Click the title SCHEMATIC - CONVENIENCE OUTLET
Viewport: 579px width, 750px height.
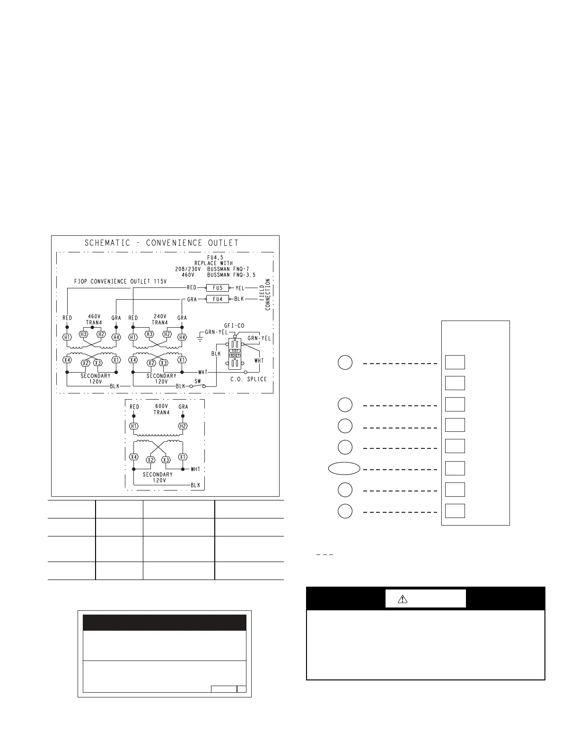point(161,243)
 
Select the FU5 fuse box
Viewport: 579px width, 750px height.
point(217,288)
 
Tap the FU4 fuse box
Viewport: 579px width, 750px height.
point(217,299)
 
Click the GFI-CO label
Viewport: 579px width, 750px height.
point(234,325)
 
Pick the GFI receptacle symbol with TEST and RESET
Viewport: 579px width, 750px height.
point(235,354)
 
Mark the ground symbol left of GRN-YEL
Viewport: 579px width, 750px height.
point(200,337)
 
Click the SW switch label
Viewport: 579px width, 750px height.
point(198,381)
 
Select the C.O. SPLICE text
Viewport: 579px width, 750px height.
point(249,379)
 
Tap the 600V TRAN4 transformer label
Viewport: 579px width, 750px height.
point(161,410)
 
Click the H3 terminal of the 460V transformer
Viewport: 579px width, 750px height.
point(83,334)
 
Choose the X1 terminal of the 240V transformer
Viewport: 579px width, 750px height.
point(182,360)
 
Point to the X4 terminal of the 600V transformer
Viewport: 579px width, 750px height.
point(134,457)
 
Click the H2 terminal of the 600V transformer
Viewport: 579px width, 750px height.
point(183,426)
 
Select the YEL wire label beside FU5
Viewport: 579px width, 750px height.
point(240,288)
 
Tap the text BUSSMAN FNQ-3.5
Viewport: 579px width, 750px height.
point(231,275)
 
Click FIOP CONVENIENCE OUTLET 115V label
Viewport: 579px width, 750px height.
point(120,281)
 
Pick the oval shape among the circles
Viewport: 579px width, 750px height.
point(344,468)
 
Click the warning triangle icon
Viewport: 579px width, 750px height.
point(403,599)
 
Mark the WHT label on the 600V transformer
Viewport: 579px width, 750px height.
point(195,469)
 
